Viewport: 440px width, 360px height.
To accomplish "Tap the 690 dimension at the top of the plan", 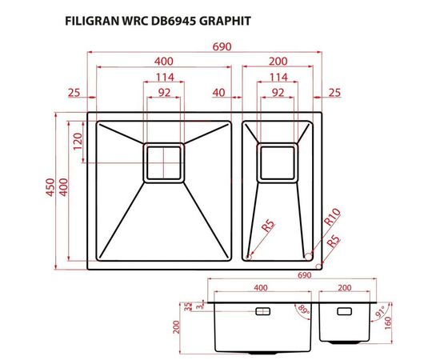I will [x=222, y=46].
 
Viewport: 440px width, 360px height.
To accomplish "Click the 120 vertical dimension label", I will [x=78, y=143].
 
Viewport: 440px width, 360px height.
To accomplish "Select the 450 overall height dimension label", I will [x=50, y=188].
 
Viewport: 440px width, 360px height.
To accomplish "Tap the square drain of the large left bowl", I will [x=164, y=162].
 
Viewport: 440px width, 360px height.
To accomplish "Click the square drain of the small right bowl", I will [x=278, y=162].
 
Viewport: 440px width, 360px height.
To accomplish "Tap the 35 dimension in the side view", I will [x=186, y=306].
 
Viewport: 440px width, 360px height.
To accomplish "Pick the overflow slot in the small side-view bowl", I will [x=344, y=310].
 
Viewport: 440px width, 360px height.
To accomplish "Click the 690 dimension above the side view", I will [x=303, y=274].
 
